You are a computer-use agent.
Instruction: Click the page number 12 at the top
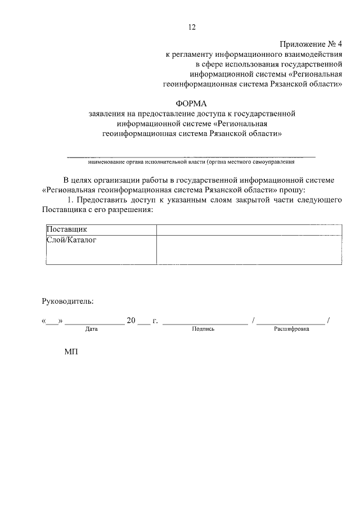[192, 27]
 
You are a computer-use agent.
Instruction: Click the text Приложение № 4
[310, 44]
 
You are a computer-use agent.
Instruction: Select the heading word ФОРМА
[192, 104]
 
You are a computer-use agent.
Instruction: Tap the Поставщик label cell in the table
[100, 230]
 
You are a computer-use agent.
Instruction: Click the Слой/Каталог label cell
[100, 249]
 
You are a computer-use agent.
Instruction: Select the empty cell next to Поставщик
[249, 230]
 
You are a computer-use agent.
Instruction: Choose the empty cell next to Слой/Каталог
[249, 249]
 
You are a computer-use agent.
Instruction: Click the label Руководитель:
[67, 301]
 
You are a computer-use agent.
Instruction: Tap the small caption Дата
[92, 329]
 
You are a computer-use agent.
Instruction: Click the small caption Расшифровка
[291, 329]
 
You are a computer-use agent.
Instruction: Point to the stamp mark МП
[71, 353]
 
